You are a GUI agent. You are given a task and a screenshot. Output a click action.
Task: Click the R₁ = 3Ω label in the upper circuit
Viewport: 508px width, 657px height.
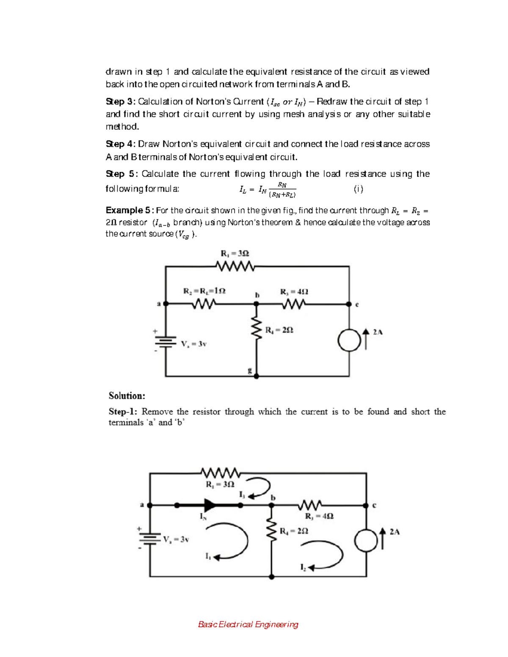point(235,253)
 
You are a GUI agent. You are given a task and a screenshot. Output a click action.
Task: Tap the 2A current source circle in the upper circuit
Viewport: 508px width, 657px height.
point(349,340)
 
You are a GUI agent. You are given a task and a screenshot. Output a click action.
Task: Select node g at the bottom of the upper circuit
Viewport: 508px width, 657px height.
point(256,376)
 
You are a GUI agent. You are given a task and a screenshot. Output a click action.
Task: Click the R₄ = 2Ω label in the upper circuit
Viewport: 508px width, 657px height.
point(279,330)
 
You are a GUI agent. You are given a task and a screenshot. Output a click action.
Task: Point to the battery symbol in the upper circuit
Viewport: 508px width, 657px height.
point(166,341)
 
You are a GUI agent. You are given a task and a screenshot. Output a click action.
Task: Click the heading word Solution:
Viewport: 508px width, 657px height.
point(127,396)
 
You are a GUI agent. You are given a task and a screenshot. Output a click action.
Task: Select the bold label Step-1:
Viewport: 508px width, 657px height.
point(123,412)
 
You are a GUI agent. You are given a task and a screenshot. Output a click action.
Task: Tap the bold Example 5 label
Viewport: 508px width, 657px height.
point(129,210)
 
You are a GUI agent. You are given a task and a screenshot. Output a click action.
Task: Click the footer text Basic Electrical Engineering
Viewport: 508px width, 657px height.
point(248,624)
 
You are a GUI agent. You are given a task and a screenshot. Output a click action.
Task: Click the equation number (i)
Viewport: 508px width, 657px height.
point(358,189)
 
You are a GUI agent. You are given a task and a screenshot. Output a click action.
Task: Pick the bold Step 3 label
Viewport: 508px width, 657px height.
point(120,102)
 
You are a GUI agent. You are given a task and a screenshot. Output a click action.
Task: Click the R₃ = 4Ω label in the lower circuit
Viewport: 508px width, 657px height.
point(319,516)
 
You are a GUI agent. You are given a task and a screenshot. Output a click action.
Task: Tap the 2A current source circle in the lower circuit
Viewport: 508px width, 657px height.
point(365,541)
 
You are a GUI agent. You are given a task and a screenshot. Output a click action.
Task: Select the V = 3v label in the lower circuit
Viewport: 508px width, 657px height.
point(176,539)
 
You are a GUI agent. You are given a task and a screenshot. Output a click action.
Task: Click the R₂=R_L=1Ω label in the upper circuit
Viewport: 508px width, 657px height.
point(204,291)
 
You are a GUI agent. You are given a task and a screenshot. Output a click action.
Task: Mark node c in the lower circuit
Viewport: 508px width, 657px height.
point(366,505)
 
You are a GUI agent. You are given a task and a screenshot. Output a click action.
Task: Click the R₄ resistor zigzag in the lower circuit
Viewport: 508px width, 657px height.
point(271,531)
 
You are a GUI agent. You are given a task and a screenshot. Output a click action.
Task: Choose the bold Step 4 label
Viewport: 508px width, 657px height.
point(120,144)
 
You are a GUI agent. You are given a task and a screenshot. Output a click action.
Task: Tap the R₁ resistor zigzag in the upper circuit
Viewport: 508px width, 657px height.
point(235,266)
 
